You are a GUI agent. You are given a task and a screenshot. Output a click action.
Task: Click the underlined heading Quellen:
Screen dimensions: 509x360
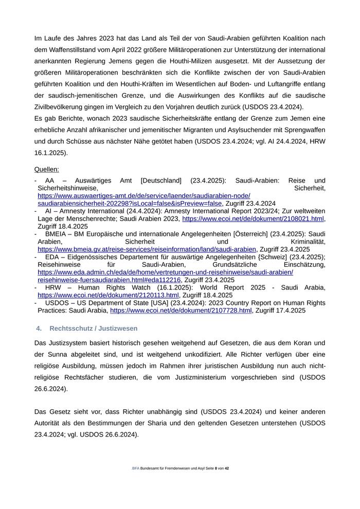(46, 169)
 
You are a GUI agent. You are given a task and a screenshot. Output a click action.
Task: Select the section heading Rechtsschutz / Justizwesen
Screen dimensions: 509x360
(94, 328)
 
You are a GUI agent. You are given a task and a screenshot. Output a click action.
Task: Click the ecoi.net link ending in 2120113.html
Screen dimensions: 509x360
(108, 295)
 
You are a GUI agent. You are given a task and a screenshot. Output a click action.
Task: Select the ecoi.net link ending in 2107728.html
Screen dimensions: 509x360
(181, 311)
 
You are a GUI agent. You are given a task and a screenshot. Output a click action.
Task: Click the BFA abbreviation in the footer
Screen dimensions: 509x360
(135, 468)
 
